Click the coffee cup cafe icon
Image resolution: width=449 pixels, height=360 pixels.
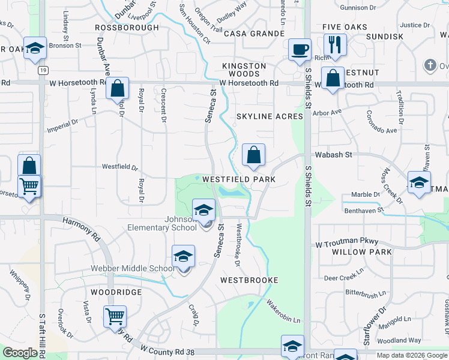[300, 50]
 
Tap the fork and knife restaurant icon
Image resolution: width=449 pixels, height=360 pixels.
[334, 44]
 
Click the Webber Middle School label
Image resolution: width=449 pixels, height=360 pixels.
[133, 268]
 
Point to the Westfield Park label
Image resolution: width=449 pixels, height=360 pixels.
[239, 179]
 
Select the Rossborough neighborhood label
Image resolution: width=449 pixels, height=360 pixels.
[126, 28]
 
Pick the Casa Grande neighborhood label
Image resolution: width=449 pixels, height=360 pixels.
[254, 34]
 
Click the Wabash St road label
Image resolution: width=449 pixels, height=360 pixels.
[332, 155]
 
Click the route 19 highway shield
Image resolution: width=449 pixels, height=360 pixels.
[42, 70]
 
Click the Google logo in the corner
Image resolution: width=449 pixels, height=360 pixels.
[20, 353]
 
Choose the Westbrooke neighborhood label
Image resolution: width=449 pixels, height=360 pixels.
[249, 280]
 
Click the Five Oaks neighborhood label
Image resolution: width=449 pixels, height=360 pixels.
[345, 28]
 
